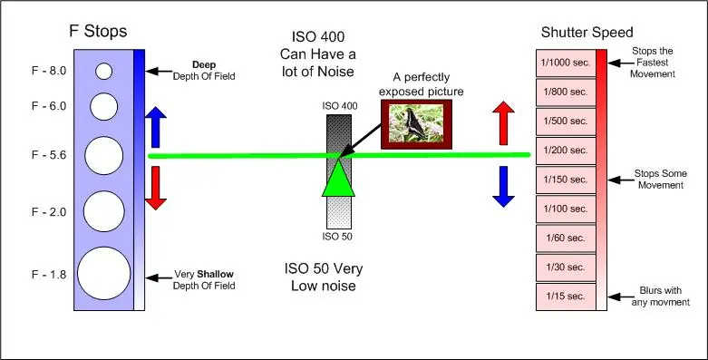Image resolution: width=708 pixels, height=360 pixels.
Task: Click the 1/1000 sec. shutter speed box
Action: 566,63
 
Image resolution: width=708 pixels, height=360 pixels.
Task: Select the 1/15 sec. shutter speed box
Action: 566,297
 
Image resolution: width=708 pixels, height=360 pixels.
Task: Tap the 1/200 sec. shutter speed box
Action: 566,151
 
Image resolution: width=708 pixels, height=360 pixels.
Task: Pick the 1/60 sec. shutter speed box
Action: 566,238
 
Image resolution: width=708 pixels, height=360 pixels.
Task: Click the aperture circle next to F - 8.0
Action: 104,71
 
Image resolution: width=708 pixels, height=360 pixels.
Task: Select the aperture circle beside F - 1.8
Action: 104,273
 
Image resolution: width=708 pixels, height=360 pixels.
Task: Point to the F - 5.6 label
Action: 49,155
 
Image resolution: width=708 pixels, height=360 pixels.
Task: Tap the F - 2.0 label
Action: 49,212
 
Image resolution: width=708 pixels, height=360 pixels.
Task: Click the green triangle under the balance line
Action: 338,179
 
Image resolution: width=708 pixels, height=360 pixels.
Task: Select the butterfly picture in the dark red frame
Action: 416,124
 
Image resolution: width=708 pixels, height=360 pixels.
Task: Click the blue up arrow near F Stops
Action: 156,127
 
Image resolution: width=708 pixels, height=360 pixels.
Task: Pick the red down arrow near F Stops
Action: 156,188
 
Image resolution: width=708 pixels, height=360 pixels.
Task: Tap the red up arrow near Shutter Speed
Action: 503,122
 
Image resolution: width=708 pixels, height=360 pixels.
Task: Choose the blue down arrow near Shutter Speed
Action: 503,187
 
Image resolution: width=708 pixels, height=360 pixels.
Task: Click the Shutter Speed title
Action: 587,33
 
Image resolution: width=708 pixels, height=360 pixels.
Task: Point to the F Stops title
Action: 98,31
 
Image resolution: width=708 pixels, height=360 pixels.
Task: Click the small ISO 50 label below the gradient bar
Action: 337,237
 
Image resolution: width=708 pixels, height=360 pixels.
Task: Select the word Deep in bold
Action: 204,64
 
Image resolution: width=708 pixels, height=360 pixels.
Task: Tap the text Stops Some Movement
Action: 661,180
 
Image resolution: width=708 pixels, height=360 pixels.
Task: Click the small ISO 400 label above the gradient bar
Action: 340,106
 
